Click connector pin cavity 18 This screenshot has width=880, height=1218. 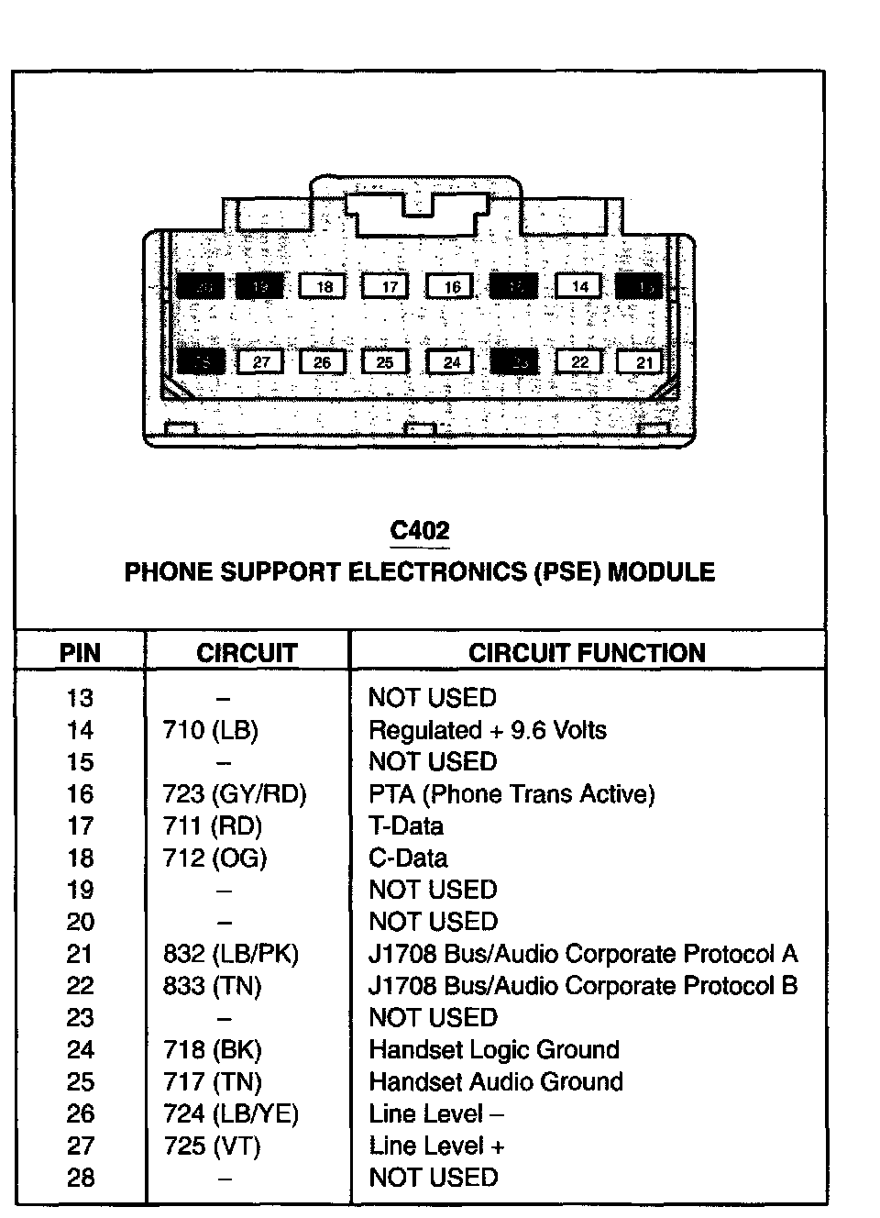[324, 287]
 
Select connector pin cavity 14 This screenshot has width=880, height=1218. [579, 286]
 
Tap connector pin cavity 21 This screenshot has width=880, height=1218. [643, 362]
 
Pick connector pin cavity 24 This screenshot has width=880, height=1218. [451, 362]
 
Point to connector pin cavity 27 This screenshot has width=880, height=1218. [261, 362]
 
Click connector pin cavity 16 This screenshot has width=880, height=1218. [452, 287]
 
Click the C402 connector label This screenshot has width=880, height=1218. [420, 531]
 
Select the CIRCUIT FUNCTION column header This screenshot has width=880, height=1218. [587, 653]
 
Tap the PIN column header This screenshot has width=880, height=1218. [80, 653]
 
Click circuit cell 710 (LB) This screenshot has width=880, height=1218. [211, 731]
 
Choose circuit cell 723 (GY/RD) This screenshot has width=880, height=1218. [235, 794]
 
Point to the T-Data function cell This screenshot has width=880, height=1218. [406, 826]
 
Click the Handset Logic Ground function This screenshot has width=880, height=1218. [494, 1050]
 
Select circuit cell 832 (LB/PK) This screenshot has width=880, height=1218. [231, 955]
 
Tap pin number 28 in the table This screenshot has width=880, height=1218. [81, 1178]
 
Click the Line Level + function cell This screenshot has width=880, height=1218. [436, 1146]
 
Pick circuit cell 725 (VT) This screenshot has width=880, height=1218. [212, 1146]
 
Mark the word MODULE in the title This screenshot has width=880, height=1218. [661, 572]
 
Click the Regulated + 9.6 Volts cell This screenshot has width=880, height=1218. [488, 731]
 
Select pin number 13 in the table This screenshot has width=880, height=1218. [80, 699]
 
